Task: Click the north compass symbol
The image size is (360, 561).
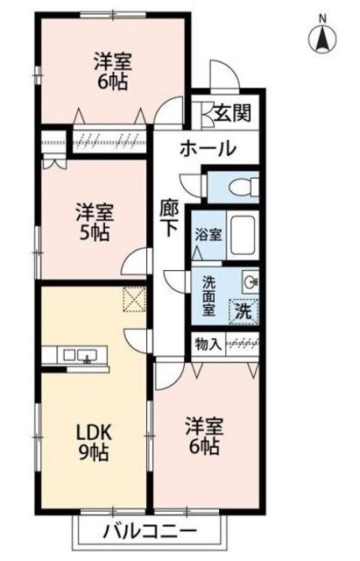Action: click(321, 39)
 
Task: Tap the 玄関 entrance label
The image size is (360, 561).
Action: click(233, 114)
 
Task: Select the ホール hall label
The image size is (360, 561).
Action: click(208, 148)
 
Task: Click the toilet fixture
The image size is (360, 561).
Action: click(244, 187)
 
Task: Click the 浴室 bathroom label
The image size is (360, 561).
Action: click(208, 235)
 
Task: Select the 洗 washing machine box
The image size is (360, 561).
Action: click(243, 309)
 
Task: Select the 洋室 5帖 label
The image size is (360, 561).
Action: click(92, 222)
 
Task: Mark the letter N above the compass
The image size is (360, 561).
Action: click(321, 17)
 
